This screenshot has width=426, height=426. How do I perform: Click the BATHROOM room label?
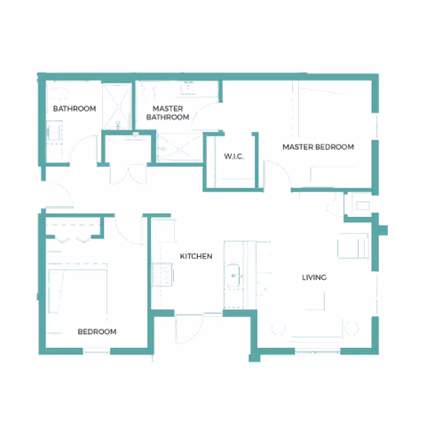[75, 109]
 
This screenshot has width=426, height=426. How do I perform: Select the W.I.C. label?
[234, 157]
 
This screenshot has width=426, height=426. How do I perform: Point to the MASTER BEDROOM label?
[318, 147]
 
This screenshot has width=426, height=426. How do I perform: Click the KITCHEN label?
[196, 256]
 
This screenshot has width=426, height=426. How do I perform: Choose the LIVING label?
[314, 278]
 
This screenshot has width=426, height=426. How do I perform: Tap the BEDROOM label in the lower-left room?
[98, 331]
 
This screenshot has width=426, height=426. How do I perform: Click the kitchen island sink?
[234, 276]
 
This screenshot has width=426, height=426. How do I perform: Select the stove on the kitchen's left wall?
[162, 279]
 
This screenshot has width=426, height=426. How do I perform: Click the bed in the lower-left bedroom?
[78, 292]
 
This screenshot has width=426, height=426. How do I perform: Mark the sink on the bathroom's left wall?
[53, 134]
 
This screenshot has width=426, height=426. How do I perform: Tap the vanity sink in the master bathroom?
[189, 89]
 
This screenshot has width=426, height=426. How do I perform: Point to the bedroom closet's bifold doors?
[74, 231]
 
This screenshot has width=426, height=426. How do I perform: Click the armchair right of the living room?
[353, 244]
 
